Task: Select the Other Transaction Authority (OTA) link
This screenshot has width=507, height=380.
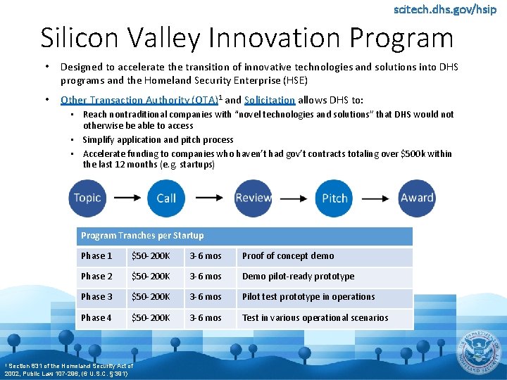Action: click(x=139, y=100)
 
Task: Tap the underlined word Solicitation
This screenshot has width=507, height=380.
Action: click(x=270, y=100)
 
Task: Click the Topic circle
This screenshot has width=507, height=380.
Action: click(x=87, y=198)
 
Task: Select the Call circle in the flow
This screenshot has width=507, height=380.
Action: click(x=166, y=198)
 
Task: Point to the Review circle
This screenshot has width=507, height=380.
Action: click(x=253, y=198)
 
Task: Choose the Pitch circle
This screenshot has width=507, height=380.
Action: click(x=334, y=198)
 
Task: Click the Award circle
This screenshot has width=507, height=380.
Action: click(x=417, y=198)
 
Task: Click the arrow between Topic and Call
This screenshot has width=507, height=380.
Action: click(x=127, y=198)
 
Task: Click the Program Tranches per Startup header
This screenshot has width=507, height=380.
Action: click(x=142, y=236)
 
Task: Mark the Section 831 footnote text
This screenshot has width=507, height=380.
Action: click(x=68, y=369)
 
